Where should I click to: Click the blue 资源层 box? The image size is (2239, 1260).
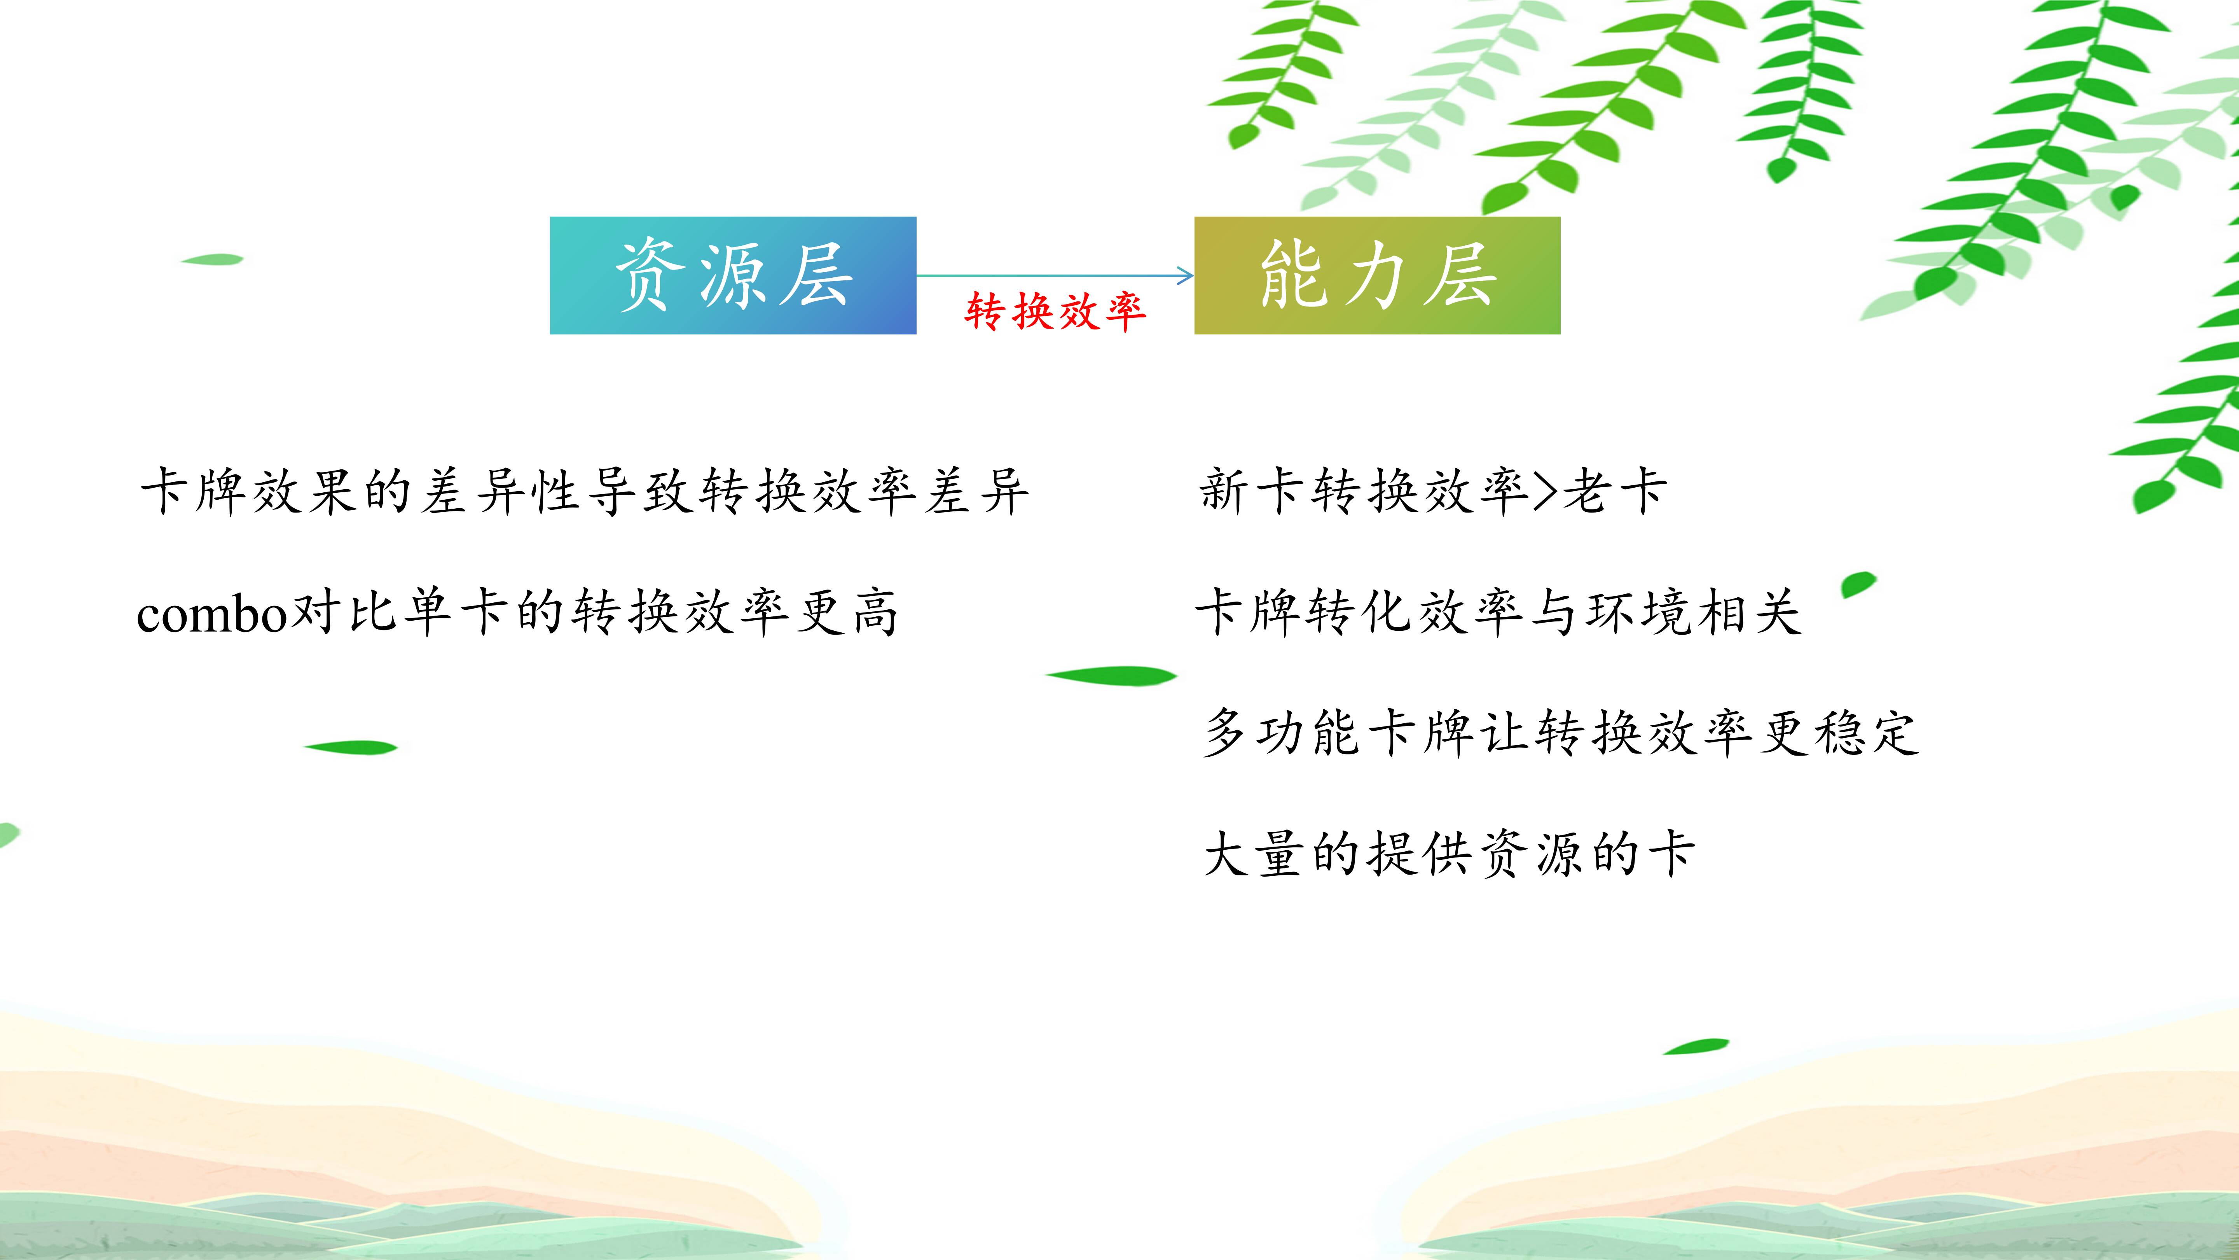point(733,276)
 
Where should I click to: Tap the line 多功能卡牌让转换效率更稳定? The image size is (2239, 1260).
point(1560,732)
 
